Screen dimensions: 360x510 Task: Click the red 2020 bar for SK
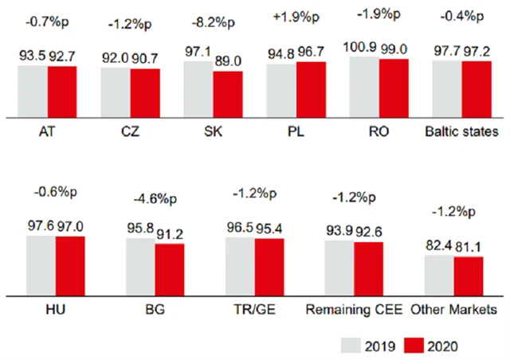(x=226, y=93)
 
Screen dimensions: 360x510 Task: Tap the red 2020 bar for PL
(x=310, y=88)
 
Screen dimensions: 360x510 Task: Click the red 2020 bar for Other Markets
(x=469, y=271)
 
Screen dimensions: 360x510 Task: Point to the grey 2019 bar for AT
(x=33, y=89)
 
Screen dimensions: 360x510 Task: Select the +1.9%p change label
(x=296, y=18)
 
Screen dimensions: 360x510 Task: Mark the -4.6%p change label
(x=155, y=193)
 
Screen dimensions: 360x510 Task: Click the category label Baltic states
(x=462, y=131)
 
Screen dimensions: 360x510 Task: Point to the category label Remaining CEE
(x=354, y=307)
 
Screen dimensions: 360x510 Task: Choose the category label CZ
(x=129, y=131)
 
